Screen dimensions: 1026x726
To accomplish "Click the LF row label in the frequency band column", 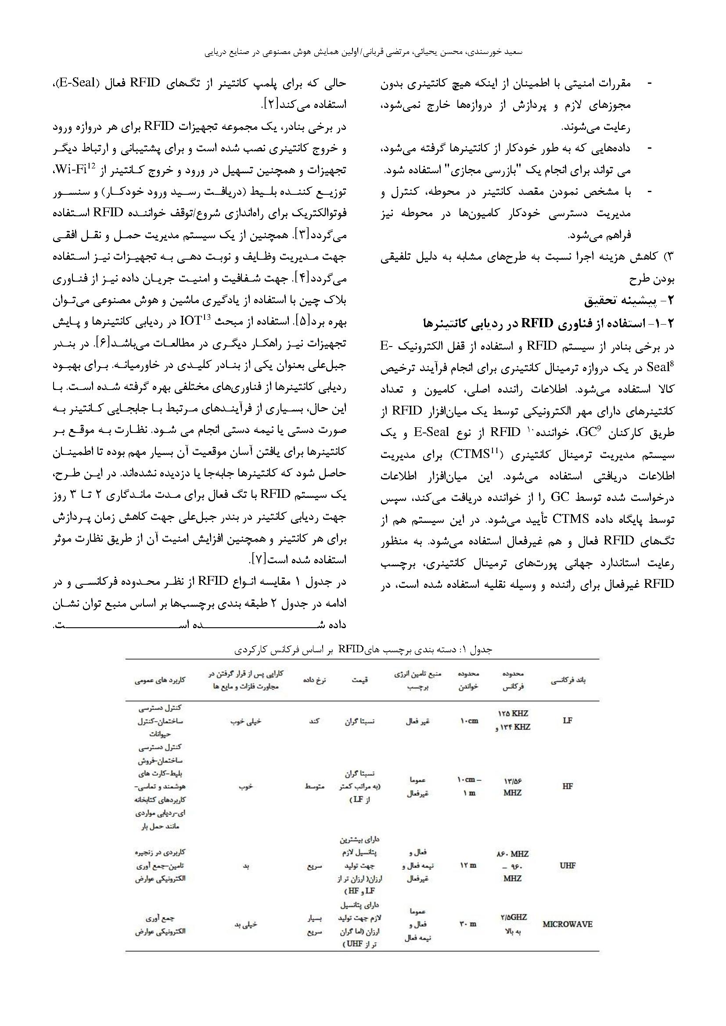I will pos(567,720).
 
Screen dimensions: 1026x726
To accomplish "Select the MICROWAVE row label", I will pos(567,924).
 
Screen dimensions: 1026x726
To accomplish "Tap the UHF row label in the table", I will pos(567,865).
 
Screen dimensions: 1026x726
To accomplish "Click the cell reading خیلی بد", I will pos(245,924).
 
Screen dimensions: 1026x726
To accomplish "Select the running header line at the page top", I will pos(363,52).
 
